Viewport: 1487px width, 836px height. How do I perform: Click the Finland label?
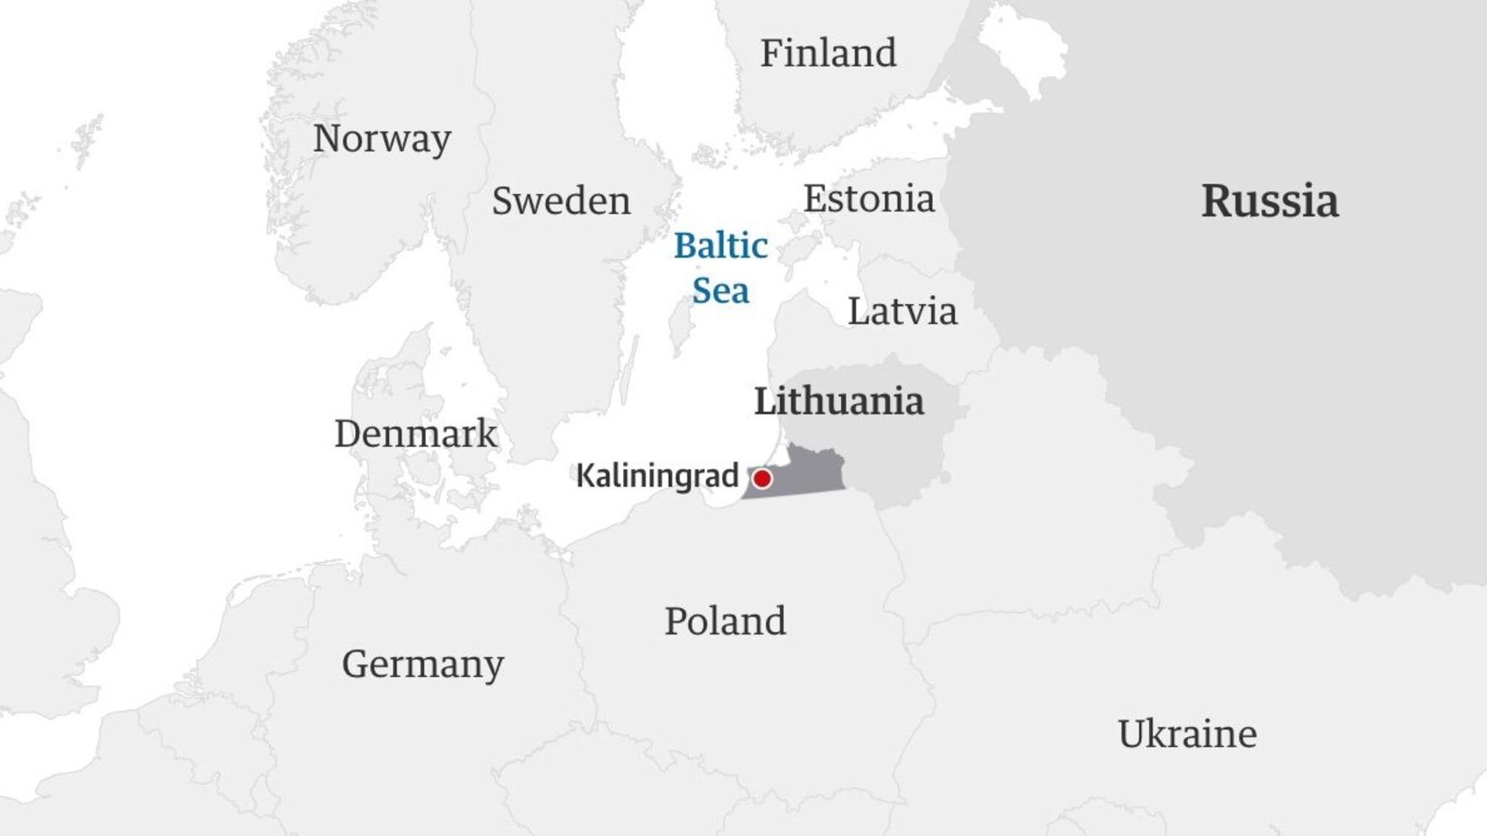tap(828, 53)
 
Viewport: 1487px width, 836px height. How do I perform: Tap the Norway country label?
tap(382, 138)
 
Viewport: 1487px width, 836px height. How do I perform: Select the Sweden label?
tap(561, 200)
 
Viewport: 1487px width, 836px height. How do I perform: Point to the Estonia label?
tap(869, 198)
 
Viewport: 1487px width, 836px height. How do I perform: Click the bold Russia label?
tap(1269, 200)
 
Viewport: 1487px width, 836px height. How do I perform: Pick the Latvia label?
tap(902, 311)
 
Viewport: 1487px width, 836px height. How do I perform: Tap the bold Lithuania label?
tap(839, 401)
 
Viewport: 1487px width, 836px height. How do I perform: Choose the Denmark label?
tap(416, 434)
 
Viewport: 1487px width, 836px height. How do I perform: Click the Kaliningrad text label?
tap(657, 476)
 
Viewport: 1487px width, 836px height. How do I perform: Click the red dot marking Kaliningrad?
tap(762, 479)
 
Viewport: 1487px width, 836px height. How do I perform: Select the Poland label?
tap(725, 621)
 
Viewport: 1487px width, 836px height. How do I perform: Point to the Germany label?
tap(422, 664)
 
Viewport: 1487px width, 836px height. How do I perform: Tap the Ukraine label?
tap(1187, 734)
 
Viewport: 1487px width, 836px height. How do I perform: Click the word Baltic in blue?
tap(721, 246)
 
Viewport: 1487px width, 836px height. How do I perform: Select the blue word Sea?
tap(721, 290)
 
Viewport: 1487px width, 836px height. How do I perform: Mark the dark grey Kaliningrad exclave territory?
tap(806, 473)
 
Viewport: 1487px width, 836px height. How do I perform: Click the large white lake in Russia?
tap(1025, 52)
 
